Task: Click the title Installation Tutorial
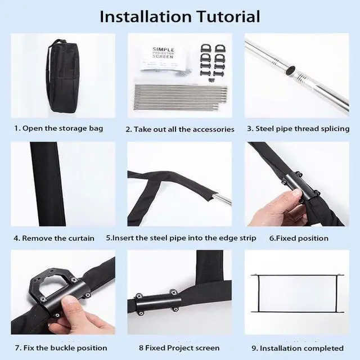[x=180, y=16]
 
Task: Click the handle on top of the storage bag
[x=58, y=43]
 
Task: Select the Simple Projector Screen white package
[x=164, y=57]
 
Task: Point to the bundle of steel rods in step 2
[x=181, y=97]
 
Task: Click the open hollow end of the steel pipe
[x=291, y=70]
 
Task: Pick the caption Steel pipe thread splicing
[x=298, y=129]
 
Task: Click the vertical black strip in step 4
[x=48, y=184]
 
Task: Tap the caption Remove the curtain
[x=54, y=238]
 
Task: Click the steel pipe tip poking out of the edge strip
[x=223, y=199]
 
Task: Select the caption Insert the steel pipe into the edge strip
[x=181, y=238]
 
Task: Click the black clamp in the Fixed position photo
[x=299, y=186]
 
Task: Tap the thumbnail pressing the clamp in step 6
[x=296, y=193]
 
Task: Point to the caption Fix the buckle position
[x=61, y=348]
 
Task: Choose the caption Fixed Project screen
[x=179, y=348]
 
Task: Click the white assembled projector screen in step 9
[x=298, y=294]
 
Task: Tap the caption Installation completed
[x=298, y=348]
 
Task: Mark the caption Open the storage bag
[x=58, y=128]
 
